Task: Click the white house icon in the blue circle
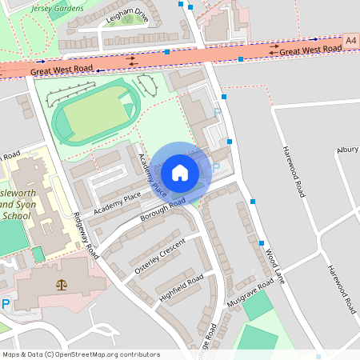point(180,172)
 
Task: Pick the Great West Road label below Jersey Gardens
point(62,71)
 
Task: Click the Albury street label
point(347,150)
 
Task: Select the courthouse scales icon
point(62,285)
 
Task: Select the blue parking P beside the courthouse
point(5,303)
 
